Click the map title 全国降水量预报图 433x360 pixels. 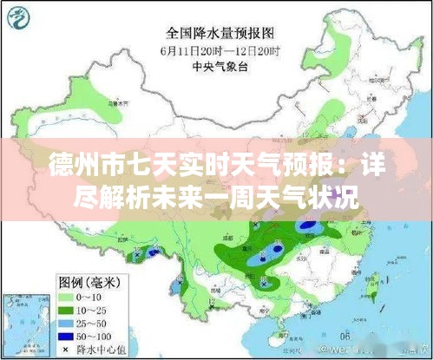click(x=215, y=35)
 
